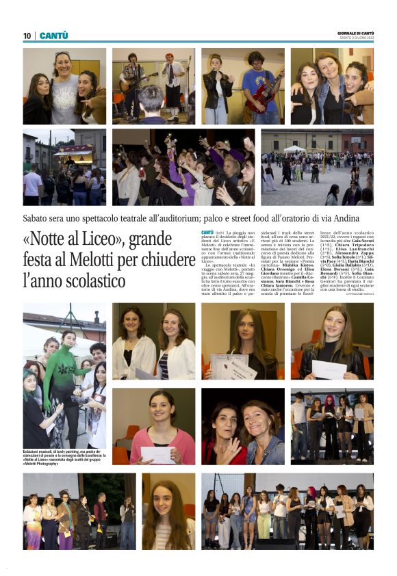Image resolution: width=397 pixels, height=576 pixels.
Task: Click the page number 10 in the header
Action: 27,36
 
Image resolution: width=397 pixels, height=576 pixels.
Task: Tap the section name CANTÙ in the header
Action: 54,36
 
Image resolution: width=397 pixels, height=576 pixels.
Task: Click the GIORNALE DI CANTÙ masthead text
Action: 355,33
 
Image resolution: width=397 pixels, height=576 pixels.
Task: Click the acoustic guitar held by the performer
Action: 132,81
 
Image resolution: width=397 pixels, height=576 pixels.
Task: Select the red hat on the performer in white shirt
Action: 169,56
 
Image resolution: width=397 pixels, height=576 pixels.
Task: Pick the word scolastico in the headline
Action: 82,280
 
